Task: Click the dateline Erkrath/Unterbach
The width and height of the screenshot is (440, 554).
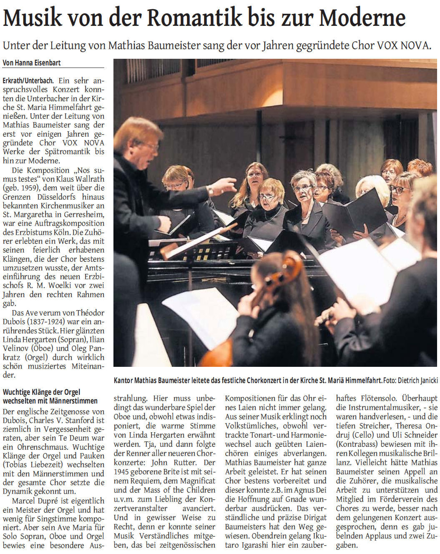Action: [x=29, y=80]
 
